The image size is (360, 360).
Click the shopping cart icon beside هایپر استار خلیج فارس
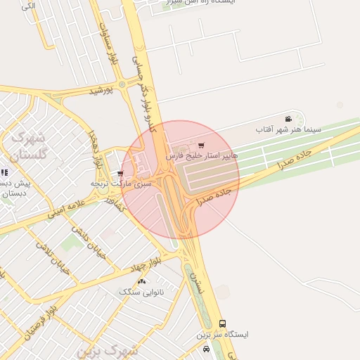coord(202,146)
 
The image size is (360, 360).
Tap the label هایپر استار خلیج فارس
coord(202,155)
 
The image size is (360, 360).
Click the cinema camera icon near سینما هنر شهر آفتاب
coord(288,119)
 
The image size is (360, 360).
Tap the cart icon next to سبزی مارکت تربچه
coord(121,174)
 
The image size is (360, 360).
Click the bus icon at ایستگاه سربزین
coord(222,323)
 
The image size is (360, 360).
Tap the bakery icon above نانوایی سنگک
coord(142,281)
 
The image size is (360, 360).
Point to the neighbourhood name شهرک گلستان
coord(28,146)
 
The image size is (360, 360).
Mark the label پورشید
coord(101,91)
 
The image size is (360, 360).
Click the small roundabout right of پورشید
coord(122,85)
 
